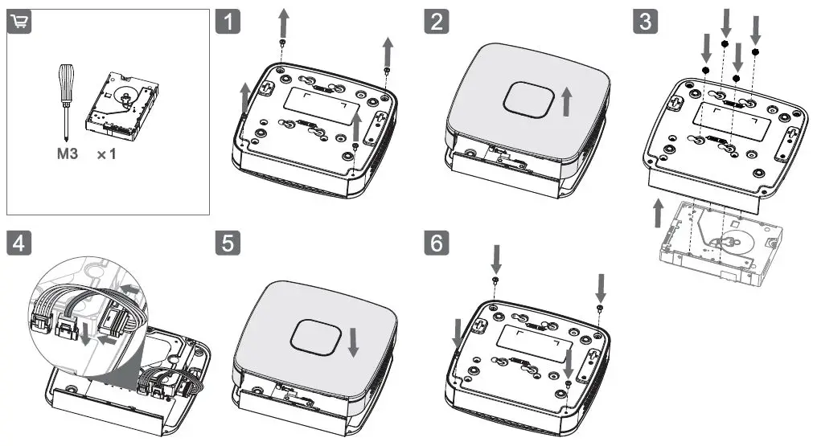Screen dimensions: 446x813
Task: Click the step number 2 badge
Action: (x=436, y=22)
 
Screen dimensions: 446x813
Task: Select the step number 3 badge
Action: (x=644, y=22)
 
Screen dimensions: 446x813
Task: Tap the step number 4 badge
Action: (x=19, y=242)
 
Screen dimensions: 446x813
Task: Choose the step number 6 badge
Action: (x=436, y=242)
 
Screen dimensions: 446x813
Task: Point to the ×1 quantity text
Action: (x=107, y=153)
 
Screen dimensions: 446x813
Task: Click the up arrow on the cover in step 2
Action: (x=566, y=102)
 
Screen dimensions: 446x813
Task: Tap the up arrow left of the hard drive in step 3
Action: (x=658, y=215)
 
